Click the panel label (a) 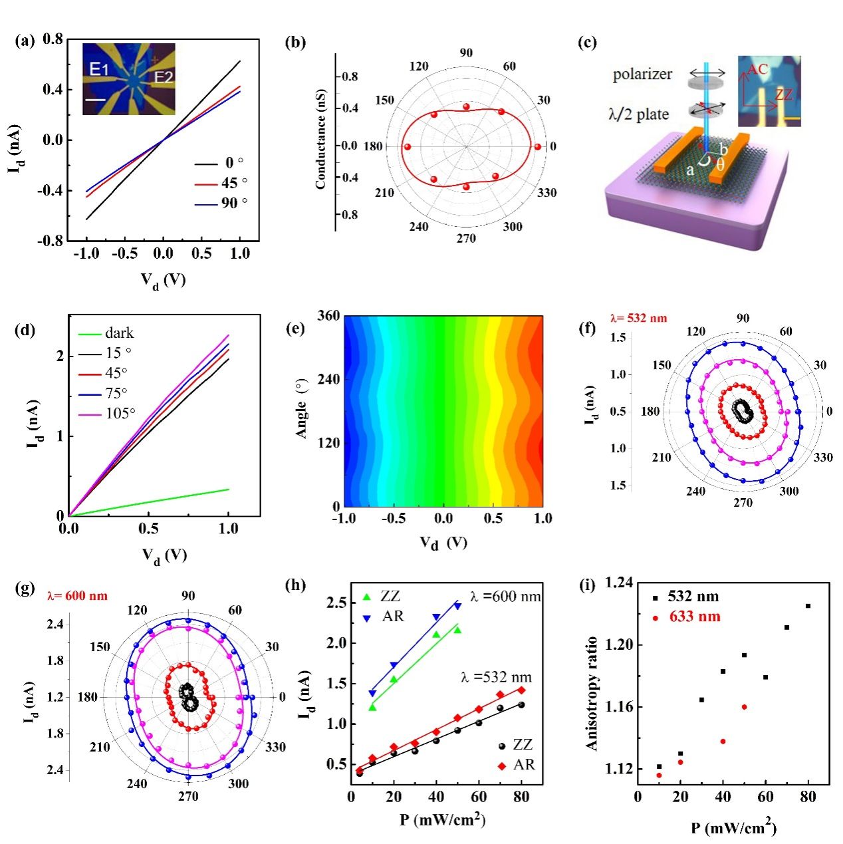[x=25, y=41]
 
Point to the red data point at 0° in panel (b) [x=537, y=146]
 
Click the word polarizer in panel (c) [x=642, y=74]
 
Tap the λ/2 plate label [x=639, y=114]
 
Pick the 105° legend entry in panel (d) [x=120, y=414]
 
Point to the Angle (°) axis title [x=302, y=410]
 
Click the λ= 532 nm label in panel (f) [x=638, y=318]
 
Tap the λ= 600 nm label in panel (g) [x=77, y=596]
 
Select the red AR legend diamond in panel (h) [x=502, y=766]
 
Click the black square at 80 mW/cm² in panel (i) [x=808, y=606]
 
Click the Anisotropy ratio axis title [x=592, y=694]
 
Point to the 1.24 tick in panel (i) [x=619, y=583]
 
